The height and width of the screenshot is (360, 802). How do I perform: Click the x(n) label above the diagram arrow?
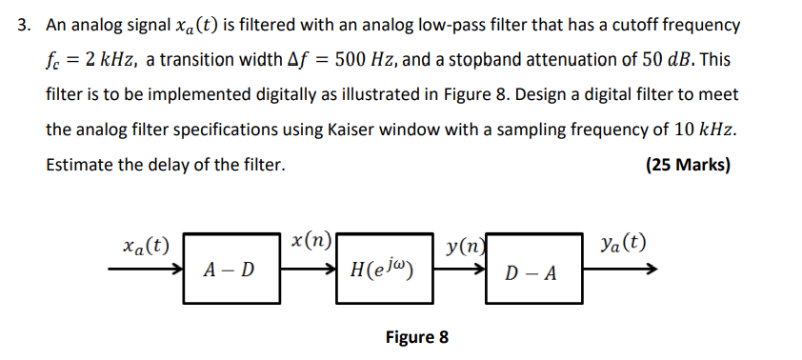click(311, 240)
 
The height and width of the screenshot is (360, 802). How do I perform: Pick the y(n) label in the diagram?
click(466, 246)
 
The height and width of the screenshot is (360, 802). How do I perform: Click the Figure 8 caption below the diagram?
click(416, 336)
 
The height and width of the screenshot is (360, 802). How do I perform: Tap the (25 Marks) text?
click(688, 165)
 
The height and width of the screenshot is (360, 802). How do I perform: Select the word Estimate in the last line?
click(80, 165)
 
